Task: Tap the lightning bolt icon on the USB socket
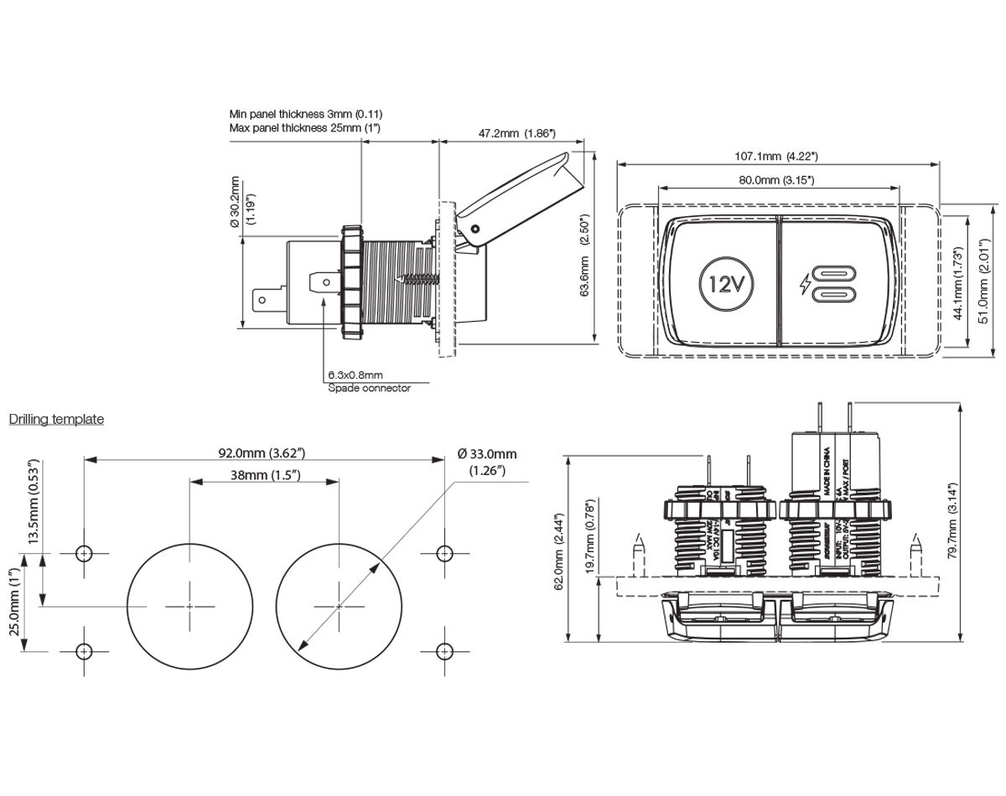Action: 806,283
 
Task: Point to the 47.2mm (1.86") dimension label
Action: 516,133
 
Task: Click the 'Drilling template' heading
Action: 56,419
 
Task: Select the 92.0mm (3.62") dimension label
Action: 262,453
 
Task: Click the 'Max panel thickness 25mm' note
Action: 305,128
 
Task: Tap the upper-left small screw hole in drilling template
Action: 84,553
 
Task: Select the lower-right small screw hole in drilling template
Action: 444,650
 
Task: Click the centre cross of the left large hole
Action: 190,605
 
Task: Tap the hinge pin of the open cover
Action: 475,229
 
